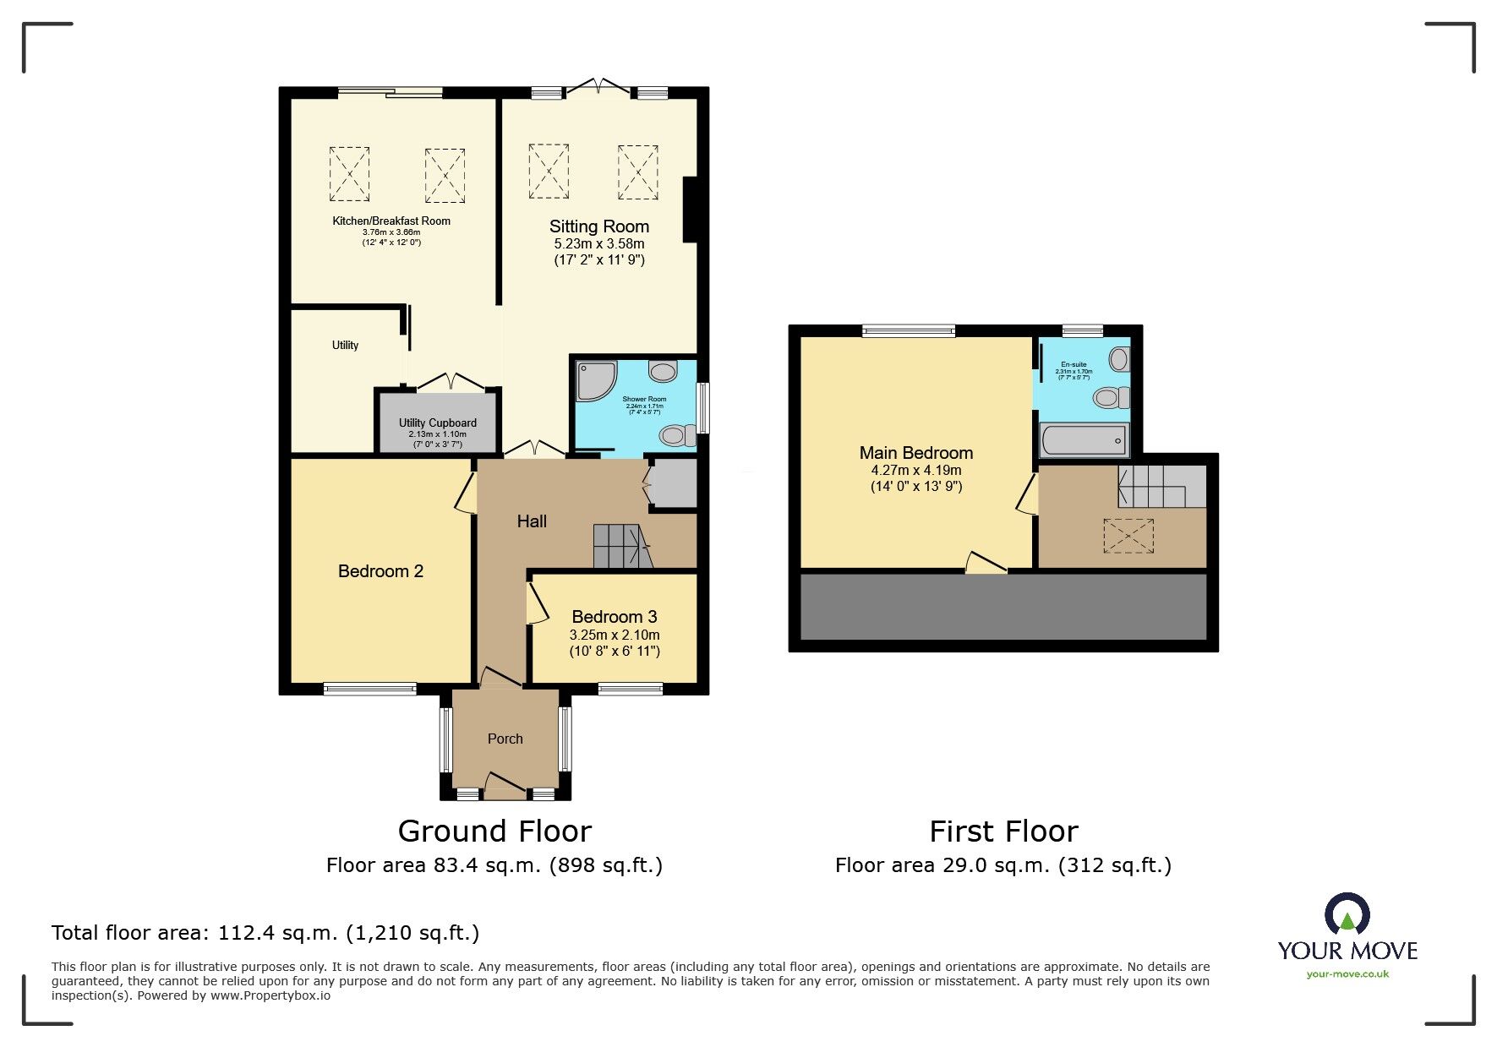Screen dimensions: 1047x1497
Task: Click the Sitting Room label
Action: (598, 226)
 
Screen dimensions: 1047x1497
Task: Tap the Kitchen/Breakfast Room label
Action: (391, 221)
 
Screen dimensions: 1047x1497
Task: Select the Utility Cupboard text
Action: (438, 423)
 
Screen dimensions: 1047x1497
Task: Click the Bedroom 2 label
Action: (380, 571)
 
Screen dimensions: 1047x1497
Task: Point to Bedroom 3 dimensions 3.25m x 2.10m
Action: (615, 635)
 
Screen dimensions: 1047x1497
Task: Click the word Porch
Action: (505, 739)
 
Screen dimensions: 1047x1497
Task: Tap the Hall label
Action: (532, 521)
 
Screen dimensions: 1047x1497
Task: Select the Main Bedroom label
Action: (915, 453)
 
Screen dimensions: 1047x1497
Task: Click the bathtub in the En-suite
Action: (1084, 441)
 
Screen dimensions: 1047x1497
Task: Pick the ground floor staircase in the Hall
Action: (621, 546)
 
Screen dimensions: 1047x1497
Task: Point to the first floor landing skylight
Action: (1128, 536)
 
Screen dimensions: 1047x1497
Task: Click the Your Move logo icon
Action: (1347, 916)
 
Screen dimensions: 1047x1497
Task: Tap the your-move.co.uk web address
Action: (1347, 974)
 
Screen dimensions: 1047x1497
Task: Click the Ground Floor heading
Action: (494, 832)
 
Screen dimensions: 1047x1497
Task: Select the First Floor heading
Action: (1003, 832)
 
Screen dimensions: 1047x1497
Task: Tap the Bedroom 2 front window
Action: (369, 690)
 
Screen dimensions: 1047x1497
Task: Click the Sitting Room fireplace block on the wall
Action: (690, 210)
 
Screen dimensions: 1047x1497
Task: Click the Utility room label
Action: (345, 346)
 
